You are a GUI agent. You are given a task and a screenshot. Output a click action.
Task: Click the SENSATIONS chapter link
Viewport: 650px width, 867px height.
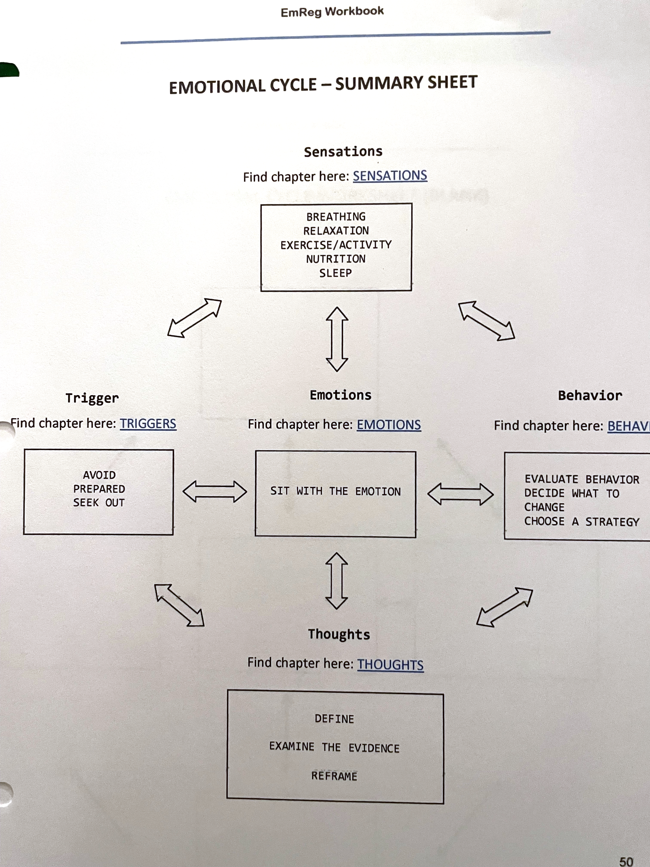click(x=390, y=176)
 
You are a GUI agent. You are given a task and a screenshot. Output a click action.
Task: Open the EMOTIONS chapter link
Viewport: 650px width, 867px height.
click(x=389, y=425)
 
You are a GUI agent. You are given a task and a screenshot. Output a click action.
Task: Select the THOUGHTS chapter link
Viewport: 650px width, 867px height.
click(x=390, y=665)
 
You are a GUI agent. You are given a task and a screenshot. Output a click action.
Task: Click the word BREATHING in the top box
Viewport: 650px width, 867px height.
click(x=336, y=217)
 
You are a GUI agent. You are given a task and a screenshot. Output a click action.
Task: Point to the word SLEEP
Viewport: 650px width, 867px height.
click(x=335, y=273)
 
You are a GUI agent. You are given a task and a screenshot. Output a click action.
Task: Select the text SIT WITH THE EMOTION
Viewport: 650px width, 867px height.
click(x=335, y=491)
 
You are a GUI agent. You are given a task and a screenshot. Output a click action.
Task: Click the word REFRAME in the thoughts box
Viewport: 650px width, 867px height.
click(x=334, y=776)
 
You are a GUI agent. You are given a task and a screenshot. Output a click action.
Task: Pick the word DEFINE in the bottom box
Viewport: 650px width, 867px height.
click(x=334, y=719)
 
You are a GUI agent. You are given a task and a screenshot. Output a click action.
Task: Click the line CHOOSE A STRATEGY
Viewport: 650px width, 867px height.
click(x=581, y=522)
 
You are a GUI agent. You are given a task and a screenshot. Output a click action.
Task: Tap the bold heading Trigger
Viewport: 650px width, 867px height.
click(x=92, y=398)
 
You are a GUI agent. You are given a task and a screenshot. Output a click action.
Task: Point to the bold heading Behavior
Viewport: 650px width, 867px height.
click(x=590, y=395)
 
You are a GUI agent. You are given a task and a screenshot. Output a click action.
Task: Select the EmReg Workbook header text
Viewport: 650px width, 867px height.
click(x=332, y=12)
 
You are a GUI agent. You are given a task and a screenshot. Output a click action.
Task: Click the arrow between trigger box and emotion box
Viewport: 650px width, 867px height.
click(x=215, y=492)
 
